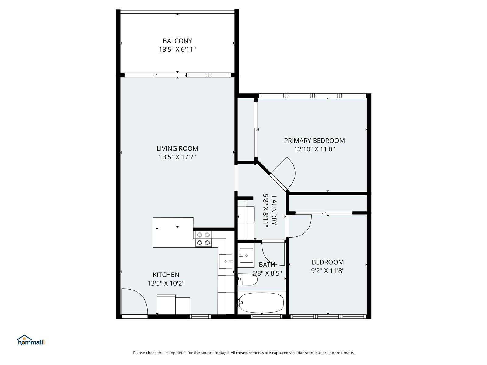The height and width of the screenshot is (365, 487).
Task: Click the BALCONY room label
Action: pyautogui.click(x=177, y=41)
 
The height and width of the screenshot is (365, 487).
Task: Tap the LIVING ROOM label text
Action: pyautogui.click(x=177, y=148)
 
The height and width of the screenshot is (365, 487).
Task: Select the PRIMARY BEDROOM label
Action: pyautogui.click(x=314, y=141)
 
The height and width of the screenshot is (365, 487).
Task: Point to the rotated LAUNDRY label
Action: pyautogui.click(x=274, y=210)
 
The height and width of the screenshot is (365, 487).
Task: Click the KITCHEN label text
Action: pyautogui.click(x=166, y=275)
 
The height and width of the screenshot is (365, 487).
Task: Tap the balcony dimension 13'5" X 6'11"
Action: pyautogui.click(x=177, y=49)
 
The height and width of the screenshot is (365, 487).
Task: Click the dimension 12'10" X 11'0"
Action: pyautogui.click(x=314, y=149)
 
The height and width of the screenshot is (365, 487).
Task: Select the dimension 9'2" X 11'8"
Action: pyautogui.click(x=328, y=271)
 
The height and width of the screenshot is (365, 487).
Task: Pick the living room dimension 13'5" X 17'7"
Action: pyautogui.click(x=177, y=157)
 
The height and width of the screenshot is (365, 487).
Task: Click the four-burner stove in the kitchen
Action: pyautogui.click(x=203, y=239)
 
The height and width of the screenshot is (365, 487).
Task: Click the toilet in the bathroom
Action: pyautogui.click(x=247, y=280)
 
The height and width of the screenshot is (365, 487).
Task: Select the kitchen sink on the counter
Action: pyautogui.click(x=226, y=262)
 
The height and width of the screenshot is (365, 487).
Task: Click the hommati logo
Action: pyautogui.click(x=31, y=340)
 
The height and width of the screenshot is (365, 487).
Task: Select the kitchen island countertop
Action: pyautogui.click(x=173, y=232)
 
